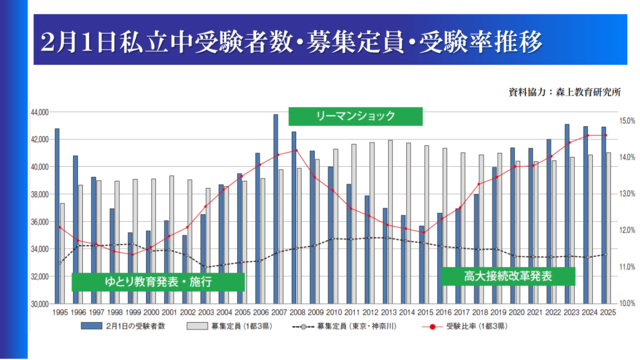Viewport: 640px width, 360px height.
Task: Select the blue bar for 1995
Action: coord(57,215)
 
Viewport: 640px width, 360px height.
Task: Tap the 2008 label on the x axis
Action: coord(294,313)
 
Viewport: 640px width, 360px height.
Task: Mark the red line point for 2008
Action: coord(294,151)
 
